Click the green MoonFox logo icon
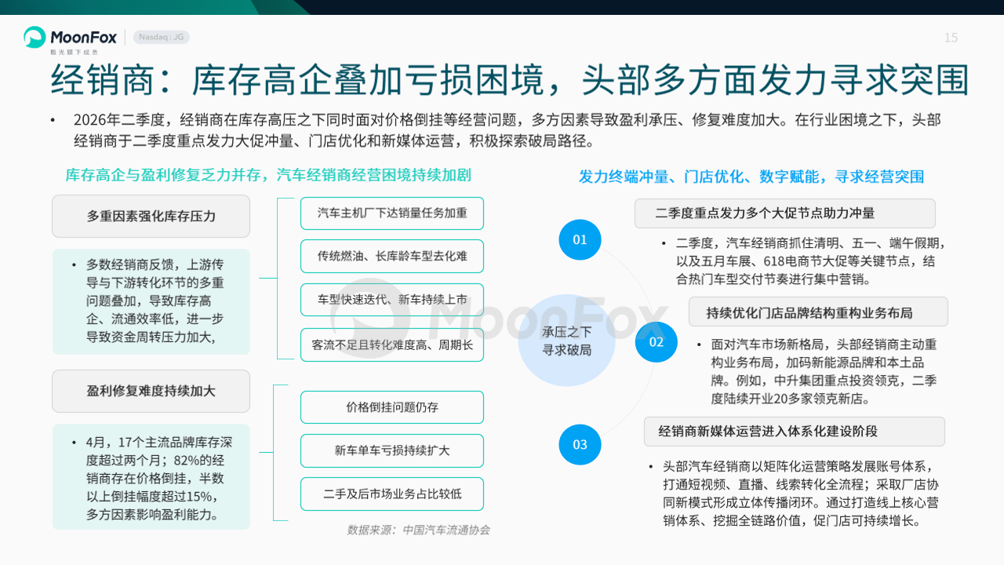coord(35,37)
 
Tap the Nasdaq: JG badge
coord(162,37)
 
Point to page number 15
coord(951,38)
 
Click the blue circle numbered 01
coord(580,239)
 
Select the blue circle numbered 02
coord(657,341)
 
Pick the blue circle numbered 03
coord(580,444)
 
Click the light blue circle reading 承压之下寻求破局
coord(566,341)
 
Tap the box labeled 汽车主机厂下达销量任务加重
coord(392,213)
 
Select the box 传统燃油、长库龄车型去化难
coord(392,256)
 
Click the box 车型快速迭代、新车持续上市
coord(392,300)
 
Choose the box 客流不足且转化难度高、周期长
coord(392,344)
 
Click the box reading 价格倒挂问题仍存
coord(392,407)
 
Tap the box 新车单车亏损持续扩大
coord(392,450)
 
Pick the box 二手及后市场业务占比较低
coord(392,494)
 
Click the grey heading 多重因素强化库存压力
coord(151,216)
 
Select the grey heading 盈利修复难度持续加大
coord(151,391)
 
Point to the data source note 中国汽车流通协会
coord(446,530)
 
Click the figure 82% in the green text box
coord(186,461)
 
